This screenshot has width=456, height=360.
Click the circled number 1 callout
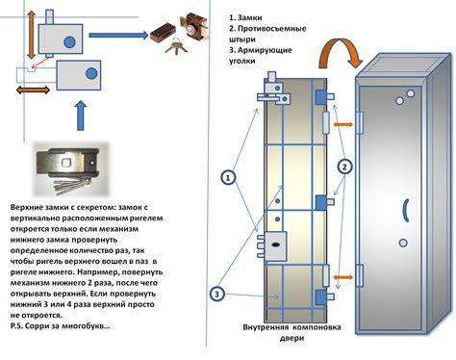tap(227, 177)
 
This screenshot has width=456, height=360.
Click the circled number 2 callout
tap(344, 165)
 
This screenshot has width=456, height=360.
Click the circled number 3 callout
tap(219, 293)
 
